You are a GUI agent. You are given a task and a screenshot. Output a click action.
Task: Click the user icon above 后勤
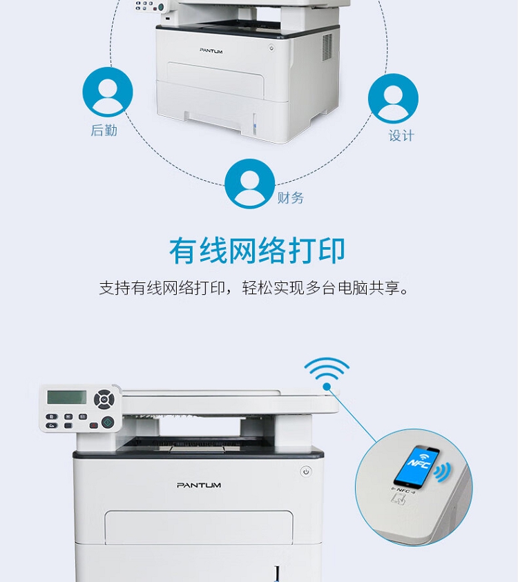[x=108, y=92]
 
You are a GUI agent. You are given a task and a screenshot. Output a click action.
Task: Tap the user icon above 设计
[x=393, y=98]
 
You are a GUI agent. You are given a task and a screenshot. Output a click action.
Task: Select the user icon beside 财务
[x=250, y=184]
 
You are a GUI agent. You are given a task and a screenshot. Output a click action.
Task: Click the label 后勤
[x=104, y=130]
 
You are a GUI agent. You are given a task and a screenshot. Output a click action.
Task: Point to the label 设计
[x=401, y=135]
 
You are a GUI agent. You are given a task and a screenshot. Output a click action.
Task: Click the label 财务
[x=291, y=198]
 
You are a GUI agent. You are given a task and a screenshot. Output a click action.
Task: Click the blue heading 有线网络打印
[x=258, y=251]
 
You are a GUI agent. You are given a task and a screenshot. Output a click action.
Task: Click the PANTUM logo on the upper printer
[x=211, y=50]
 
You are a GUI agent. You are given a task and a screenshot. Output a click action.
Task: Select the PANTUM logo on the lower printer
[x=199, y=485]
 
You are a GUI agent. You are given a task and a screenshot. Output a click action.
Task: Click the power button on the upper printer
[x=272, y=48]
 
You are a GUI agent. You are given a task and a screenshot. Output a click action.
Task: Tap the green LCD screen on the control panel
[x=67, y=397]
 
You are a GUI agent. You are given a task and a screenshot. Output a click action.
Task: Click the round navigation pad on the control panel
[x=104, y=399]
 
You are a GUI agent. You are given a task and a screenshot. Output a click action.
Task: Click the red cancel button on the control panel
[x=93, y=425]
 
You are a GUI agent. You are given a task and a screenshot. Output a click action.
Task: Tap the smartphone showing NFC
[x=416, y=466]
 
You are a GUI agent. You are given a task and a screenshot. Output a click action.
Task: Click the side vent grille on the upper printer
[x=327, y=47]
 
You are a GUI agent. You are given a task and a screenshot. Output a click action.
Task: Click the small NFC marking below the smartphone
[x=403, y=491]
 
